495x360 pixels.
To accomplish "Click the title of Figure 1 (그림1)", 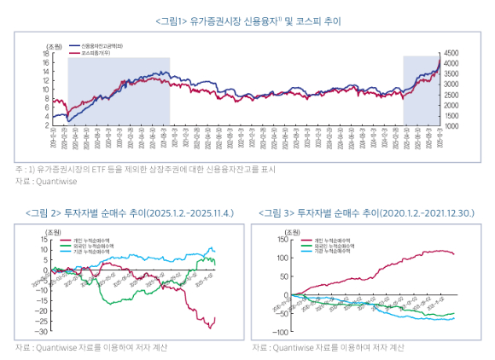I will pyautogui.click(x=247, y=20).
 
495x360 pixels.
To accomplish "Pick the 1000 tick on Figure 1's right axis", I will pyautogui.click(x=451, y=125).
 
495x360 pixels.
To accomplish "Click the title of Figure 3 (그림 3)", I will pyautogui.click(x=367, y=212).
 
